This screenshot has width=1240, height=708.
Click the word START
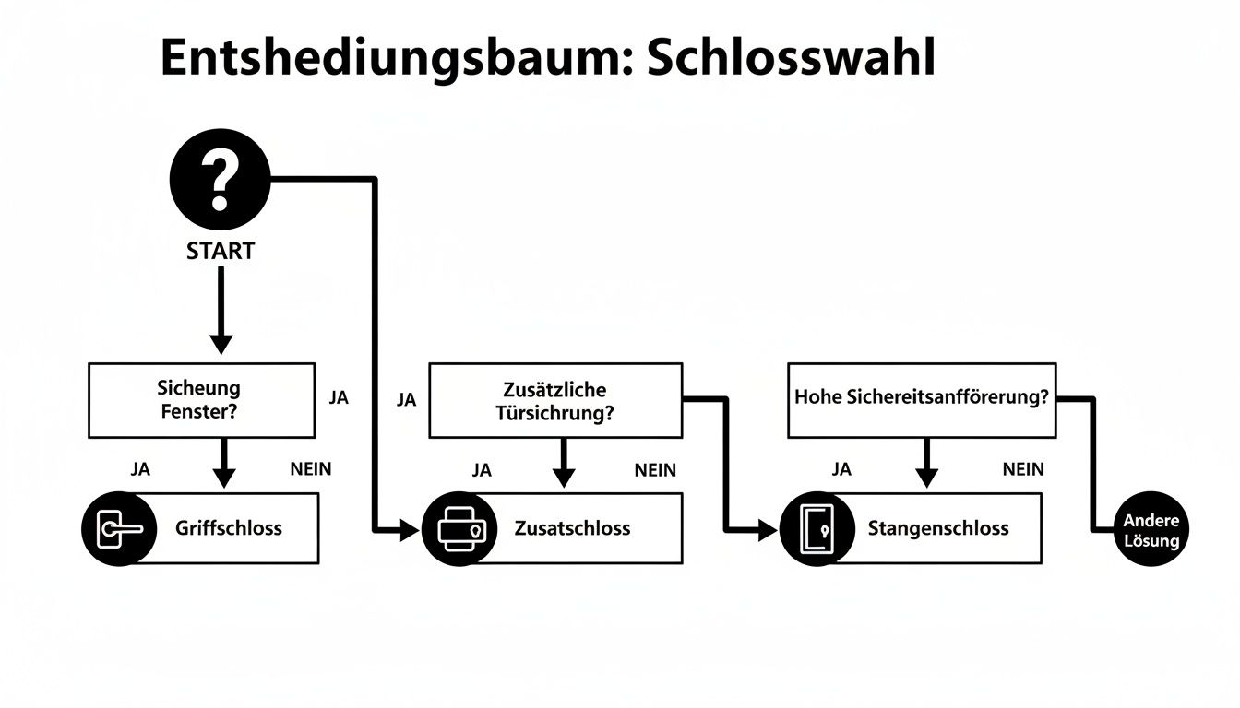point(221,250)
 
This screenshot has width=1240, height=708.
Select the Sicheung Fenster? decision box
point(201,400)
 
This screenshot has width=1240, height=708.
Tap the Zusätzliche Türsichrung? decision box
point(555,400)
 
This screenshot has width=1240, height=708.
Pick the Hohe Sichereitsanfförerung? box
point(921,399)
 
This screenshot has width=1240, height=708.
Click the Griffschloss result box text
point(229,528)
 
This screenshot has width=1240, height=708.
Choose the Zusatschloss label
point(573,528)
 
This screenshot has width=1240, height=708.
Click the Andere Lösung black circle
point(1151,531)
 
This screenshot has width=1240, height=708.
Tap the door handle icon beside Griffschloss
point(119,529)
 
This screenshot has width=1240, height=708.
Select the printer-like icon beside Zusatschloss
point(459,529)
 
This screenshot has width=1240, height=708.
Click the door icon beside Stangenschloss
point(817,529)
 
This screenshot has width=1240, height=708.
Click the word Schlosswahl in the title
point(791,58)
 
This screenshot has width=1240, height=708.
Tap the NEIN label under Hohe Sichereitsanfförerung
point(1023,469)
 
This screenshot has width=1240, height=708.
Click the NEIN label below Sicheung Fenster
point(311,468)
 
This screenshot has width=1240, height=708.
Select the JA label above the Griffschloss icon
point(140,468)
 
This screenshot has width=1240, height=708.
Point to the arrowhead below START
point(221,343)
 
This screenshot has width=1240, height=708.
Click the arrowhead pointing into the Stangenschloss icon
point(767,529)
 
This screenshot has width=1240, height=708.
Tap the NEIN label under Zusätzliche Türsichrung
point(655,470)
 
